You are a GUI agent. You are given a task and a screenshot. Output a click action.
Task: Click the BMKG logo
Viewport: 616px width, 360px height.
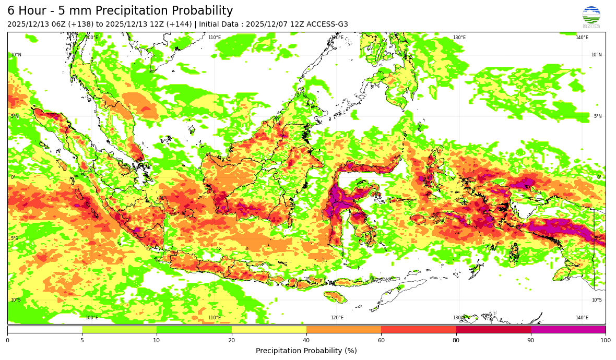click(x=591, y=17)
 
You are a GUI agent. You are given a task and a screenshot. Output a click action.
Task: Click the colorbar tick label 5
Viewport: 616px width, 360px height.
click(x=82, y=341)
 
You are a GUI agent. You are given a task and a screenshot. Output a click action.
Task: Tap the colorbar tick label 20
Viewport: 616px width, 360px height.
click(x=232, y=341)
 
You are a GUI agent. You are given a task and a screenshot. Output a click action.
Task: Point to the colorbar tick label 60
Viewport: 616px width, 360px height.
click(x=381, y=341)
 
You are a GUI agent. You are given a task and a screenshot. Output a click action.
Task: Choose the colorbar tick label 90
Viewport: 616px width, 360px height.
click(x=531, y=341)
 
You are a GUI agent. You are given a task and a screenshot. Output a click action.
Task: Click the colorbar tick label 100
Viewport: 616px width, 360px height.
click(x=605, y=341)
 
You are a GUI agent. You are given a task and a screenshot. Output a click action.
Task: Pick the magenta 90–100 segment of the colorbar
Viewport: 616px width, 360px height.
click(x=568, y=330)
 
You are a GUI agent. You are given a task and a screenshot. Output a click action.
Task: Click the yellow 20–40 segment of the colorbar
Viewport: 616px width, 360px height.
click(x=269, y=330)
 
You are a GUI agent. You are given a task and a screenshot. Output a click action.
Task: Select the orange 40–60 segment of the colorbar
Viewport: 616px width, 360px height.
click(x=343, y=330)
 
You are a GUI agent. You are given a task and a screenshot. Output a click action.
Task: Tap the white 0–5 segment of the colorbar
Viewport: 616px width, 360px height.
click(x=44, y=330)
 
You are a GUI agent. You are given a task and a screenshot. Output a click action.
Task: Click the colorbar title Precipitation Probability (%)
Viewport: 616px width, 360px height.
click(x=306, y=351)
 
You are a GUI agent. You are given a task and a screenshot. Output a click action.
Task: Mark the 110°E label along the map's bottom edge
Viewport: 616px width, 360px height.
click(x=215, y=318)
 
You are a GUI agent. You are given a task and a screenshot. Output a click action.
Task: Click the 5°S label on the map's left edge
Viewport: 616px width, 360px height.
click(x=15, y=238)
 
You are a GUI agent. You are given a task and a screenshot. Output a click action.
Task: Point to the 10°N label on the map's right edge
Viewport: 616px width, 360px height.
click(x=596, y=55)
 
